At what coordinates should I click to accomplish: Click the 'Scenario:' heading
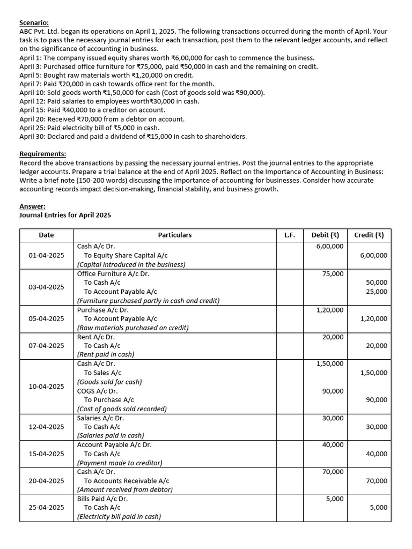pyautogui.click(x=34, y=23)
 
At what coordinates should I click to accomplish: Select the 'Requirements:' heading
pyautogui.click(x=42, y=154)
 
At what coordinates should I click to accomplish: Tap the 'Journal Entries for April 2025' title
pyautogui.click(x=65, y=215)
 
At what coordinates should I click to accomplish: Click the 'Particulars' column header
pyautogui.click(x=174, y=235)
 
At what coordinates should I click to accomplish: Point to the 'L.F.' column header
pyautogui.click(x=290, y=235)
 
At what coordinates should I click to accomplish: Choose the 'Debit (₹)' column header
pyautogui.click(x=325, y=235)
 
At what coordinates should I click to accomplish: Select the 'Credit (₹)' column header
pyautogui.click(x=369, y=235)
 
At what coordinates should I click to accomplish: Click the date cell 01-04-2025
pyautogui.click(x=46, y=255)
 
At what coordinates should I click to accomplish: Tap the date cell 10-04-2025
pyautogui.click(x=46, y=386)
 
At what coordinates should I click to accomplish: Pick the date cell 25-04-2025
pyautogui.click(x=46, y=507)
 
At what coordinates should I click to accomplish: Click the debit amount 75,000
pyautogui.click(x=333, y=273)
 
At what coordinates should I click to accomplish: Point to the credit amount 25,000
pyautogui.click(x=376, y=292)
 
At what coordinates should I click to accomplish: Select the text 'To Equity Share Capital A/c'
pyautogui.click(x=126, y=255)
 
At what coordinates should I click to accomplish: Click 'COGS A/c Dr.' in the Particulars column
pyautogui.click(x=98, y=391)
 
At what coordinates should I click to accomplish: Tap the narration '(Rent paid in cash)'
pyautogui.click(x=106, y=354)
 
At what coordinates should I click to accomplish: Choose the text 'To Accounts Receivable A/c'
pyautogui.click(x=127, y=481)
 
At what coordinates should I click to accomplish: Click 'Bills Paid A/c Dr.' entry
pyautogui.click(x=102, y=499)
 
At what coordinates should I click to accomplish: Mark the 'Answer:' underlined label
pyautogui.click(x=32, y=206)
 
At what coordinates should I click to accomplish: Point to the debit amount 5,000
pyautogui.click(x=335, y=499)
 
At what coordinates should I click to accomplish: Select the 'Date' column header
pyautogui.click(x=46, y=235)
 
